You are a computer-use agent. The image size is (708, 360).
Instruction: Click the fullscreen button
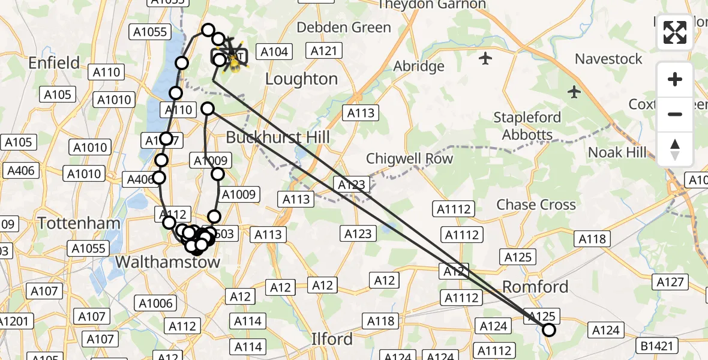(675, 32)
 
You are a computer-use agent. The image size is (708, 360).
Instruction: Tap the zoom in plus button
(675, 79)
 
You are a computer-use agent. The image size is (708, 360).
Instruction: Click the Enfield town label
(54, 62)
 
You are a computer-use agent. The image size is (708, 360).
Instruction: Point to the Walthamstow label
(167, 262)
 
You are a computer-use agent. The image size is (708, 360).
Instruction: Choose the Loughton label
(301, 79)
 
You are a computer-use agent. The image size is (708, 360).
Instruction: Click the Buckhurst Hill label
(278, 137)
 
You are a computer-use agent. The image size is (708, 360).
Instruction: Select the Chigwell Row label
(409, 159)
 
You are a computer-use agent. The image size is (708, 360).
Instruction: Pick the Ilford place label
(332, 339)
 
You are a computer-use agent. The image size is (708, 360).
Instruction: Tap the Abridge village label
(419, 66)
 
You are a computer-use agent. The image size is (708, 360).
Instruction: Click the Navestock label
(608, 59)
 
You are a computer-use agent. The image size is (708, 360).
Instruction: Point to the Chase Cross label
(536, 205)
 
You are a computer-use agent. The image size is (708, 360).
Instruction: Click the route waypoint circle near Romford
(548, 329)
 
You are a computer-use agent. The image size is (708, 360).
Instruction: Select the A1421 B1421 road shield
(659, 346)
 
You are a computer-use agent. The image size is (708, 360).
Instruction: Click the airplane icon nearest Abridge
(485, 58)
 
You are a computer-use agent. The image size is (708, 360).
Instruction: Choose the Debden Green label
(344, 28)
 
